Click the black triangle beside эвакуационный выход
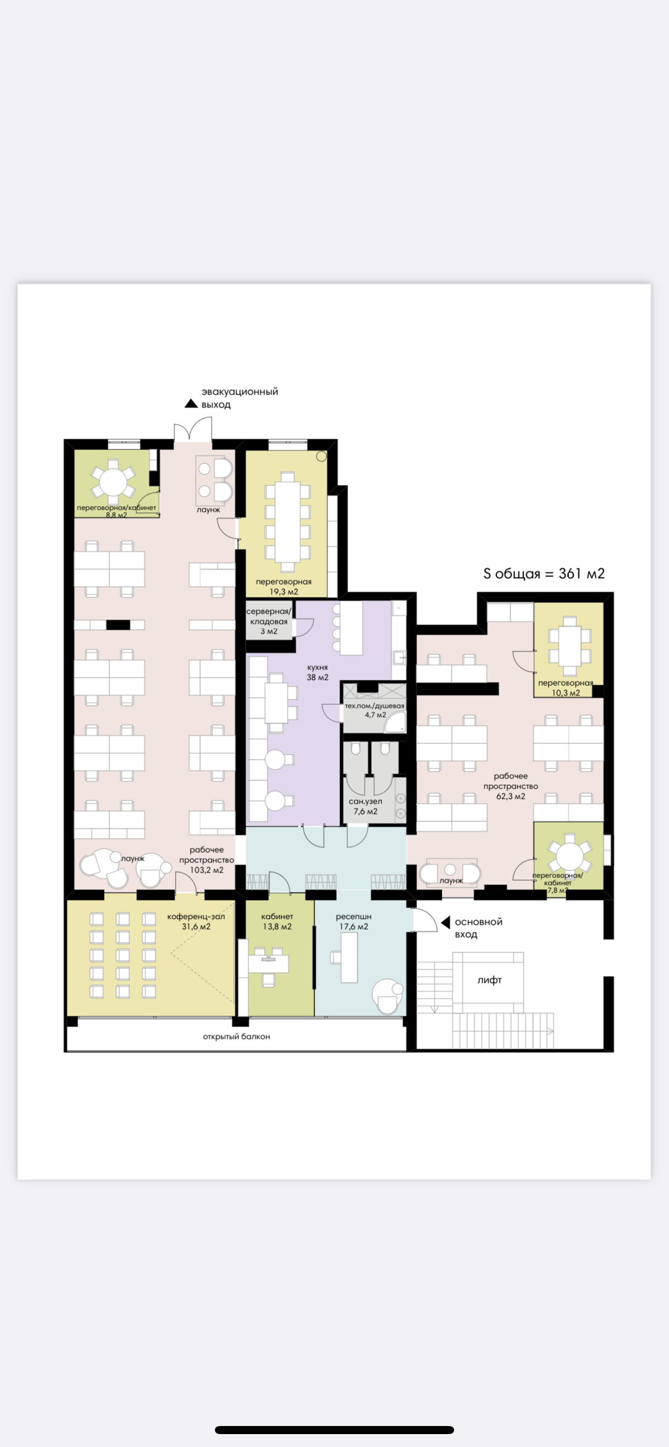(191, 403)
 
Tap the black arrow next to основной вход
(446, 922)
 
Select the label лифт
(489, 980)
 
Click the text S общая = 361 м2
(543, 573)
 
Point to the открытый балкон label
(236, 1036)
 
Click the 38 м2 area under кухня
(318, 677)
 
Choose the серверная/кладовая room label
(269, 616)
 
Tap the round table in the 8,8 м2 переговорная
(113, 481)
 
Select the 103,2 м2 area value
(206, 870)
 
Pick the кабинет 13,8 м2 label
(277, 921)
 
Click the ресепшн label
(353, 916)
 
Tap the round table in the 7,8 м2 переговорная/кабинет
(569, 856)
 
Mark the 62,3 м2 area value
(511, 796)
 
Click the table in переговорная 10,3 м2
(569, 646)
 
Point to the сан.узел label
(365, 802)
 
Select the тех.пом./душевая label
(374, 706)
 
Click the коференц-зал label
(196, 916)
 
